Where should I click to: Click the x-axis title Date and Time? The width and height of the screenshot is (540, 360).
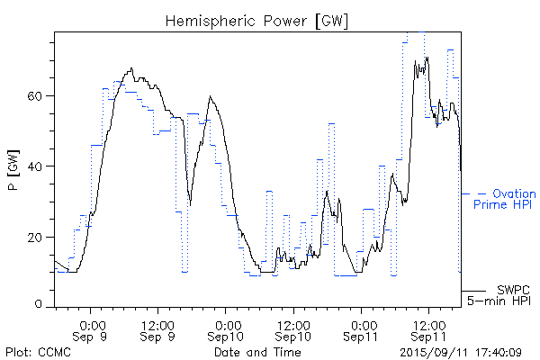[258, 352]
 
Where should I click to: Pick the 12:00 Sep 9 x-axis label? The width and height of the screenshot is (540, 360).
[157, 329]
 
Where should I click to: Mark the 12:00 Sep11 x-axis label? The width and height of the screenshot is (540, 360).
[427, 329]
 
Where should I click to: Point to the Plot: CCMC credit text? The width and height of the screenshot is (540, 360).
[38, 352]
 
